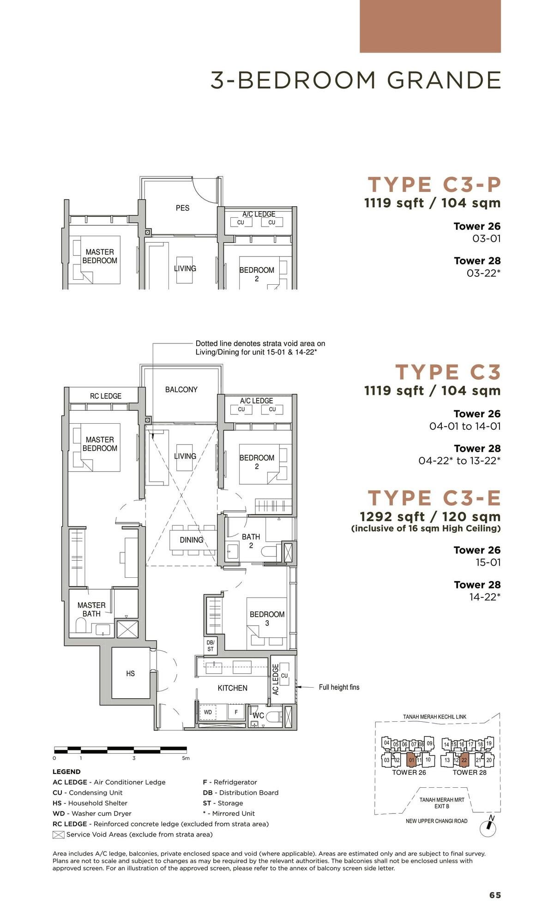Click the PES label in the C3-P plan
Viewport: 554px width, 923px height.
[182, 208]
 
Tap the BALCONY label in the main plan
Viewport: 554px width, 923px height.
[181, 390]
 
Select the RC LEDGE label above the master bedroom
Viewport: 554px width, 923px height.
[106, 396]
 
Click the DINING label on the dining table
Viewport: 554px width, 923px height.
[191, 539]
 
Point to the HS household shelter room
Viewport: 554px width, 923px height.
[130, 673]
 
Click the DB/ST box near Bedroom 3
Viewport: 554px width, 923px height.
[211, 646]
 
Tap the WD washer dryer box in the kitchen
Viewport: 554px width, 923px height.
[208, 712]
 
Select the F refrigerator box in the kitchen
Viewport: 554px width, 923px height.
[236, 712]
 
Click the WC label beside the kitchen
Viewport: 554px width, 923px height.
[259, 715]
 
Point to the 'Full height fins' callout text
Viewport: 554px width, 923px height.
[339, 687]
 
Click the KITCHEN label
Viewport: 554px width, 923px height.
[232, 688]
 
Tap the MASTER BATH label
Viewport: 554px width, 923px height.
[91, 609]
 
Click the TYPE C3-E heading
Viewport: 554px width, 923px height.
[434, 498]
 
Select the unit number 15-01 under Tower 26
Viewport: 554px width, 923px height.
[488, 562]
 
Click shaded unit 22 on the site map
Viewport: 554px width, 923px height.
[464, 760]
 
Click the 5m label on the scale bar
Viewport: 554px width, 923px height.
[185, 758]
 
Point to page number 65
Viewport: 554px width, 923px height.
[495, 895]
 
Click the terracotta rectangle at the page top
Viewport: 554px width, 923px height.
[430, 26]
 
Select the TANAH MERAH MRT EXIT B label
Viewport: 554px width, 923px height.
[441, 803]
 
